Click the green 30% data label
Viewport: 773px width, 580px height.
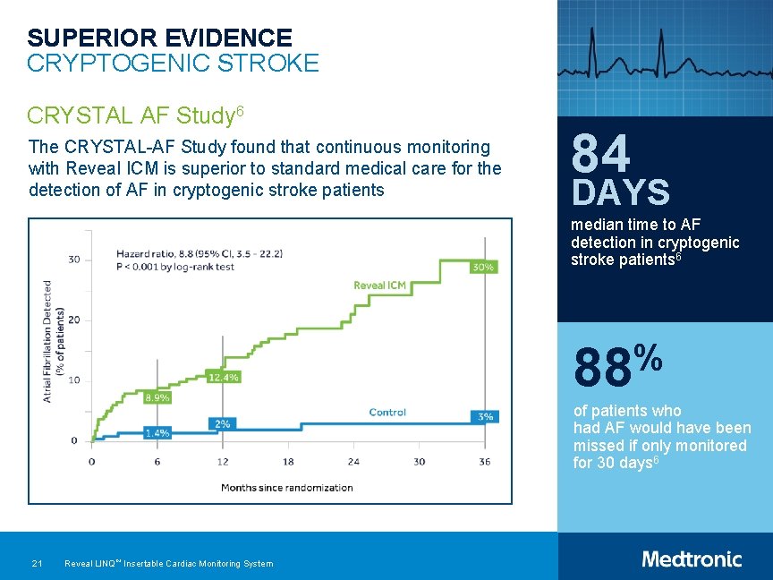[483, 268]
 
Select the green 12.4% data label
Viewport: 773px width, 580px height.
[222, 377]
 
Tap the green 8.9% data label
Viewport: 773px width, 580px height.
[157, 397]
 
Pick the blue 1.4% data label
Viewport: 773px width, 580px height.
[157, 433]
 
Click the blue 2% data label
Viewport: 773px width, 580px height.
[222, 423]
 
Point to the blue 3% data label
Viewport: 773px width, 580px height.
[484, 417]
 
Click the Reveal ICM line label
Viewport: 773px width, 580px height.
[379, 286]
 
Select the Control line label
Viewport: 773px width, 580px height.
[387, 413]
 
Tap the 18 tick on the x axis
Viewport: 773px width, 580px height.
[288, 462]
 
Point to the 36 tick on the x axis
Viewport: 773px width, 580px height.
[484, 462]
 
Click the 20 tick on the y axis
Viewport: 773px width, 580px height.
[73, 320]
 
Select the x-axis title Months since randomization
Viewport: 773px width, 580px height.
[287, 488]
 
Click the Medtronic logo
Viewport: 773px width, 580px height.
[692, 559]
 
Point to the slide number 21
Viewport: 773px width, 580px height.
[37, 564]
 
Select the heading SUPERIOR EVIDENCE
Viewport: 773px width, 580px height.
[159, 38]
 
